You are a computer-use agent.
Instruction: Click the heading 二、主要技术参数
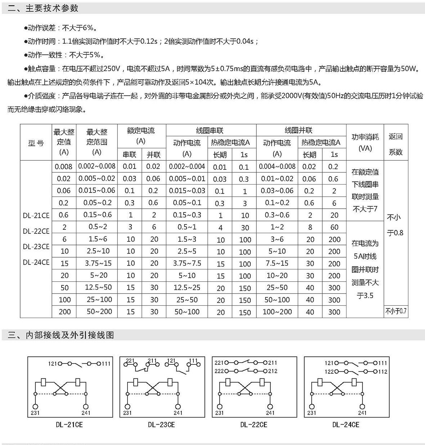(x=43, y=8)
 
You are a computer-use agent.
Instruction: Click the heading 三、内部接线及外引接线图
(x=61, y=335)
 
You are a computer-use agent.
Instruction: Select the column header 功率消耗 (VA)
(x=365, y=142)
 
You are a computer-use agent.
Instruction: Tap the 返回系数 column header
(x=395, y=144)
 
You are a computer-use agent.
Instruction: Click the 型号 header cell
(x=36, y=143)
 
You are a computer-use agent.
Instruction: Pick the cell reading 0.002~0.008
(x=97, y=166)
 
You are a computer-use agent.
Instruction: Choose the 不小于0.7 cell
(x=396, y=311)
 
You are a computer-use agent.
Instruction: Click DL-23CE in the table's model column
(x=36, y=247)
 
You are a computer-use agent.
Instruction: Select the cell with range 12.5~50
(x=97, y=287)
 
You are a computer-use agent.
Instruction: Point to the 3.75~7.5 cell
(x=187, y=263)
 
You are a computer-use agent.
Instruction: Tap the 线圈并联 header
(x=299, y=130)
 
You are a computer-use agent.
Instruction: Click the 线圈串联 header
(x=210, y=130)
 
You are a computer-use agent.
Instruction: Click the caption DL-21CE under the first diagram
(x=70, y=424)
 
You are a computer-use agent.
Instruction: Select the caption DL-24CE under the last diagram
(x=346, y=424)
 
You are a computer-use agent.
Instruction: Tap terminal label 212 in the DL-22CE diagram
(x=273, y=371)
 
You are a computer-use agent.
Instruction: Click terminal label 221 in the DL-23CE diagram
(x=130, y=360)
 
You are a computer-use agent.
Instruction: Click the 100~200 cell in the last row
(x=277, y=312)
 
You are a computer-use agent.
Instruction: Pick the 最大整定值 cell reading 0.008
(x=63, y=167)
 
